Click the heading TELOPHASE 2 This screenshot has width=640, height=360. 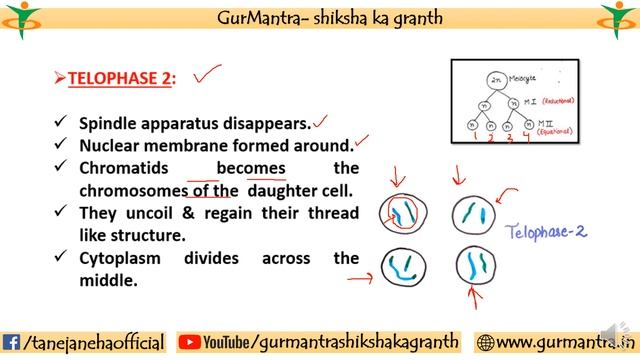[120, 79]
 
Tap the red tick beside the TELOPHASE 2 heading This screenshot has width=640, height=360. [208, 74]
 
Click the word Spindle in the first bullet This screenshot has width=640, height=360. [111, 123]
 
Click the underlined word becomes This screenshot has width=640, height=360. [251, 168]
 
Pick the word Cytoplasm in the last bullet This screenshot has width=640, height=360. [124, 258]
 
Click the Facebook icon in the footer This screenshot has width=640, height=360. [12, 343]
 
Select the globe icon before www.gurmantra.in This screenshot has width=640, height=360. [486, 343]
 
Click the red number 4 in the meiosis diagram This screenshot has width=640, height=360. [528, 137]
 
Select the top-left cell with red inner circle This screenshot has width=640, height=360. [403, 214]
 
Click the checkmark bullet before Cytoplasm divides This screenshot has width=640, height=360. [61, 259]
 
